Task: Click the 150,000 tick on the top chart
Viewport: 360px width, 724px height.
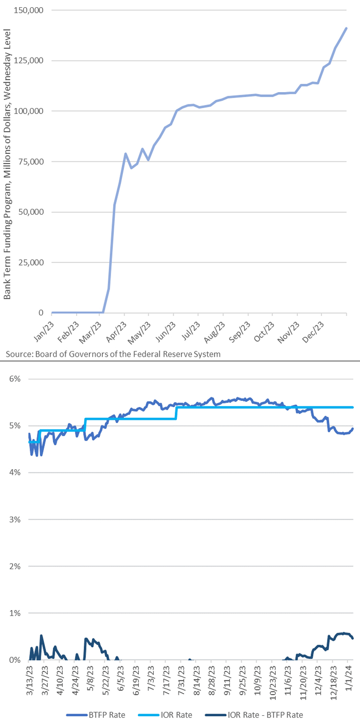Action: click(30, 10)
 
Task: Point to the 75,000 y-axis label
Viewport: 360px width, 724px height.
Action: click(32, 162)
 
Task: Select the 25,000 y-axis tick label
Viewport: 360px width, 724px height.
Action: click(32, 262)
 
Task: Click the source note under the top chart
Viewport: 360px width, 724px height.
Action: click(113, 355)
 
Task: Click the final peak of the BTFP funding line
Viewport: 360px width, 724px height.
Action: click(346, 28)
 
